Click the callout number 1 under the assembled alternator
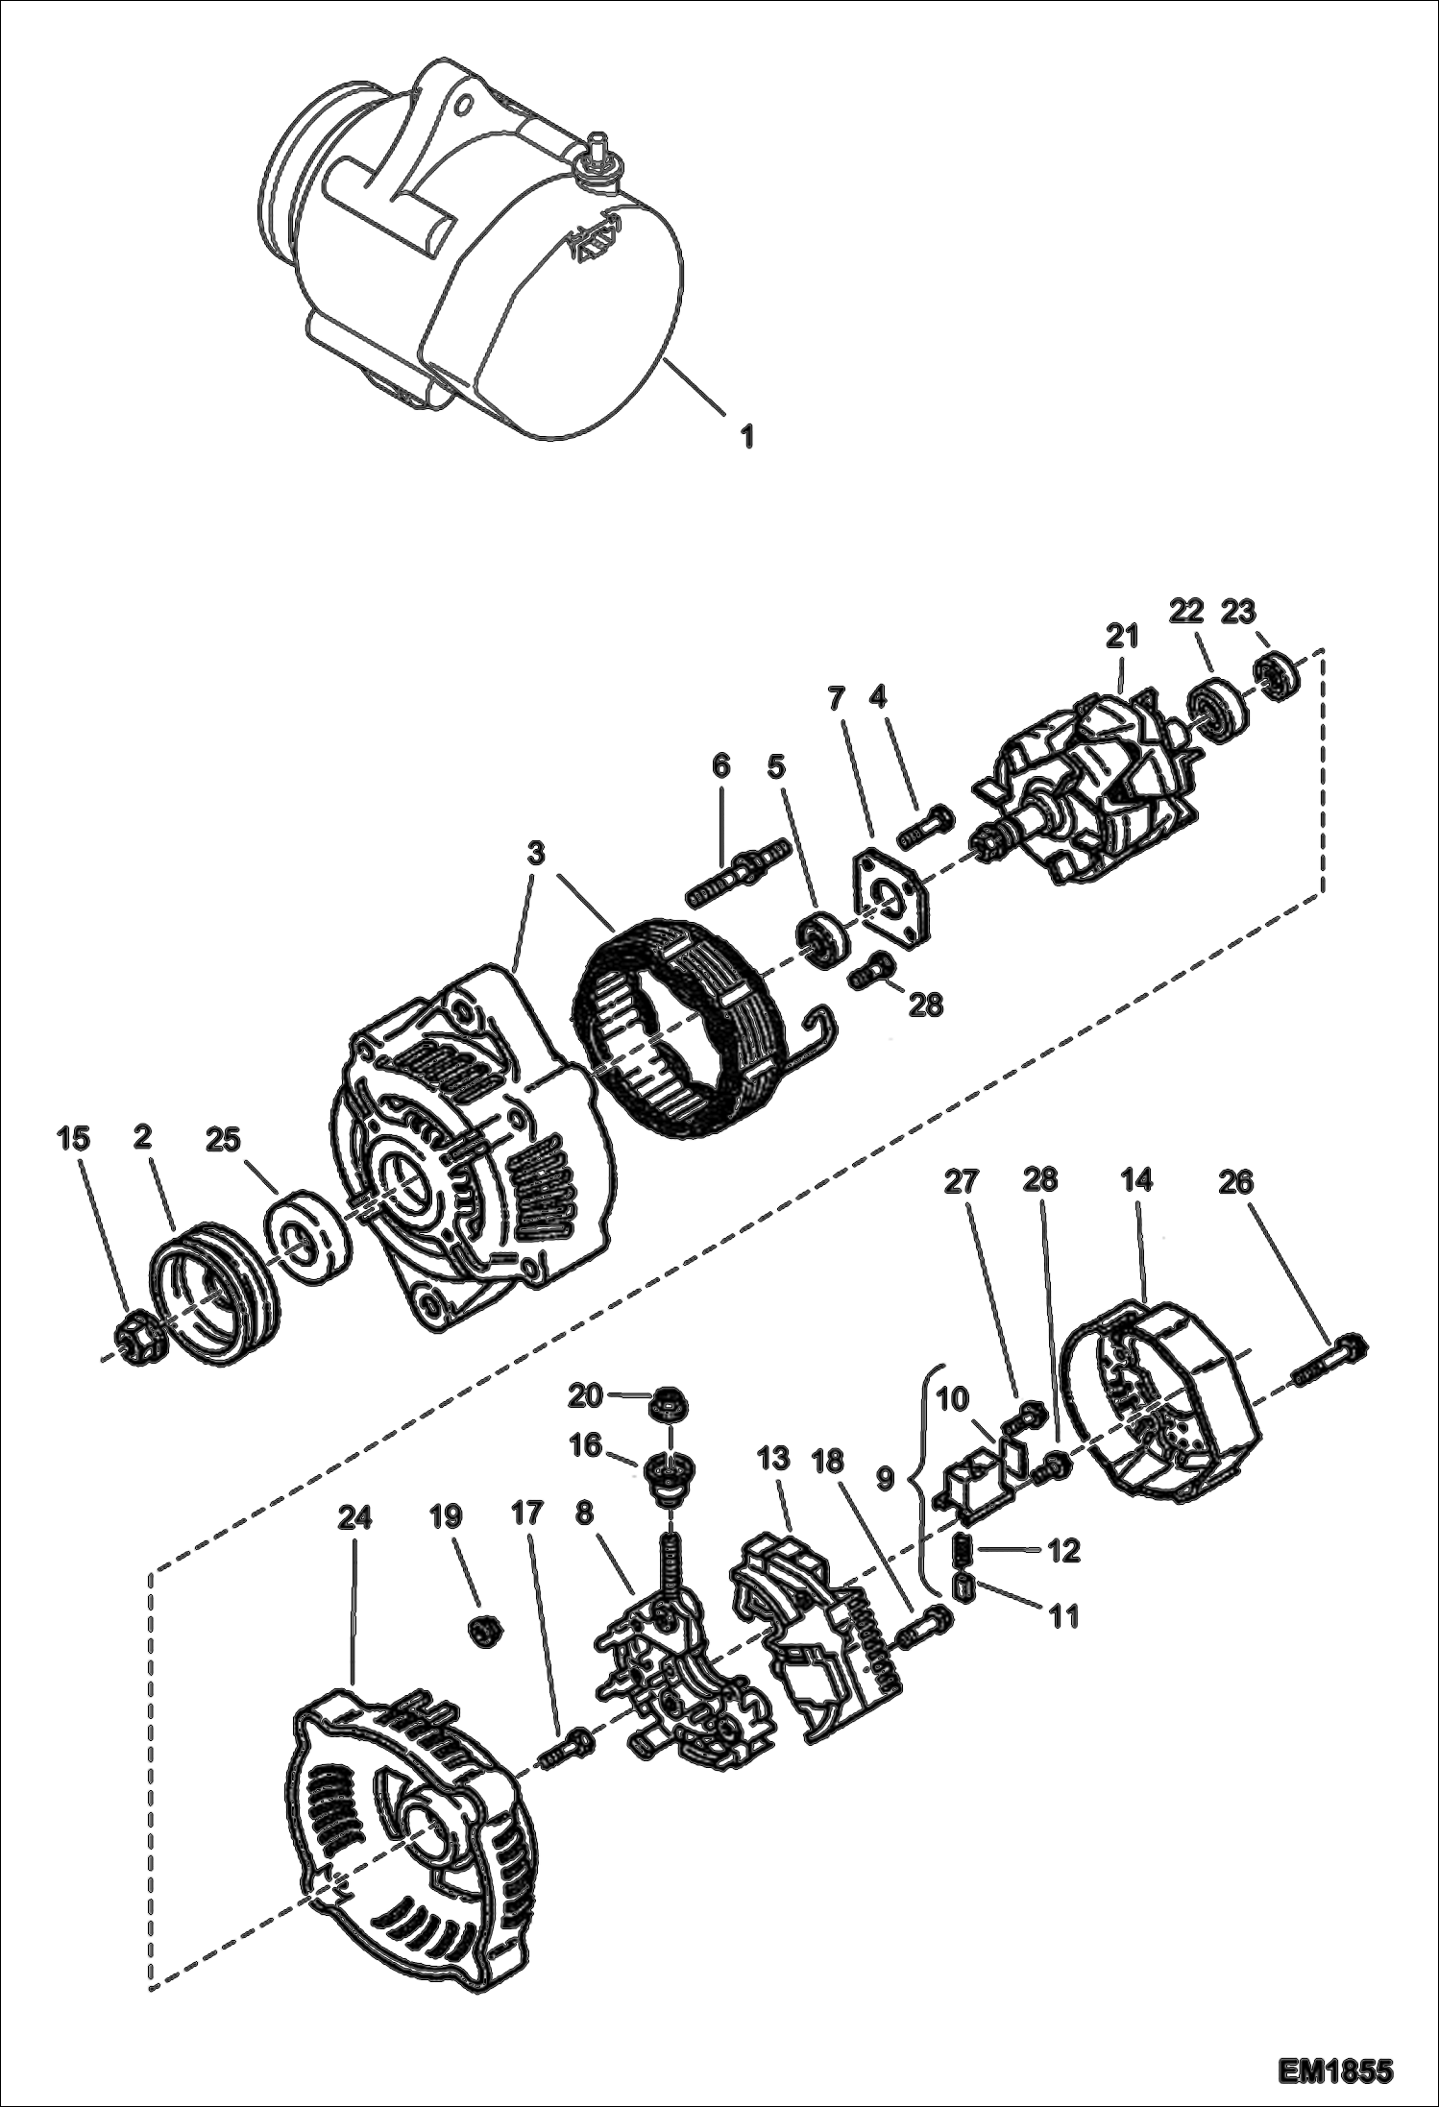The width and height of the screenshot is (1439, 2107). click(746, 437)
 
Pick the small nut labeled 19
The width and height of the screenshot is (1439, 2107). click(482, 1629)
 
